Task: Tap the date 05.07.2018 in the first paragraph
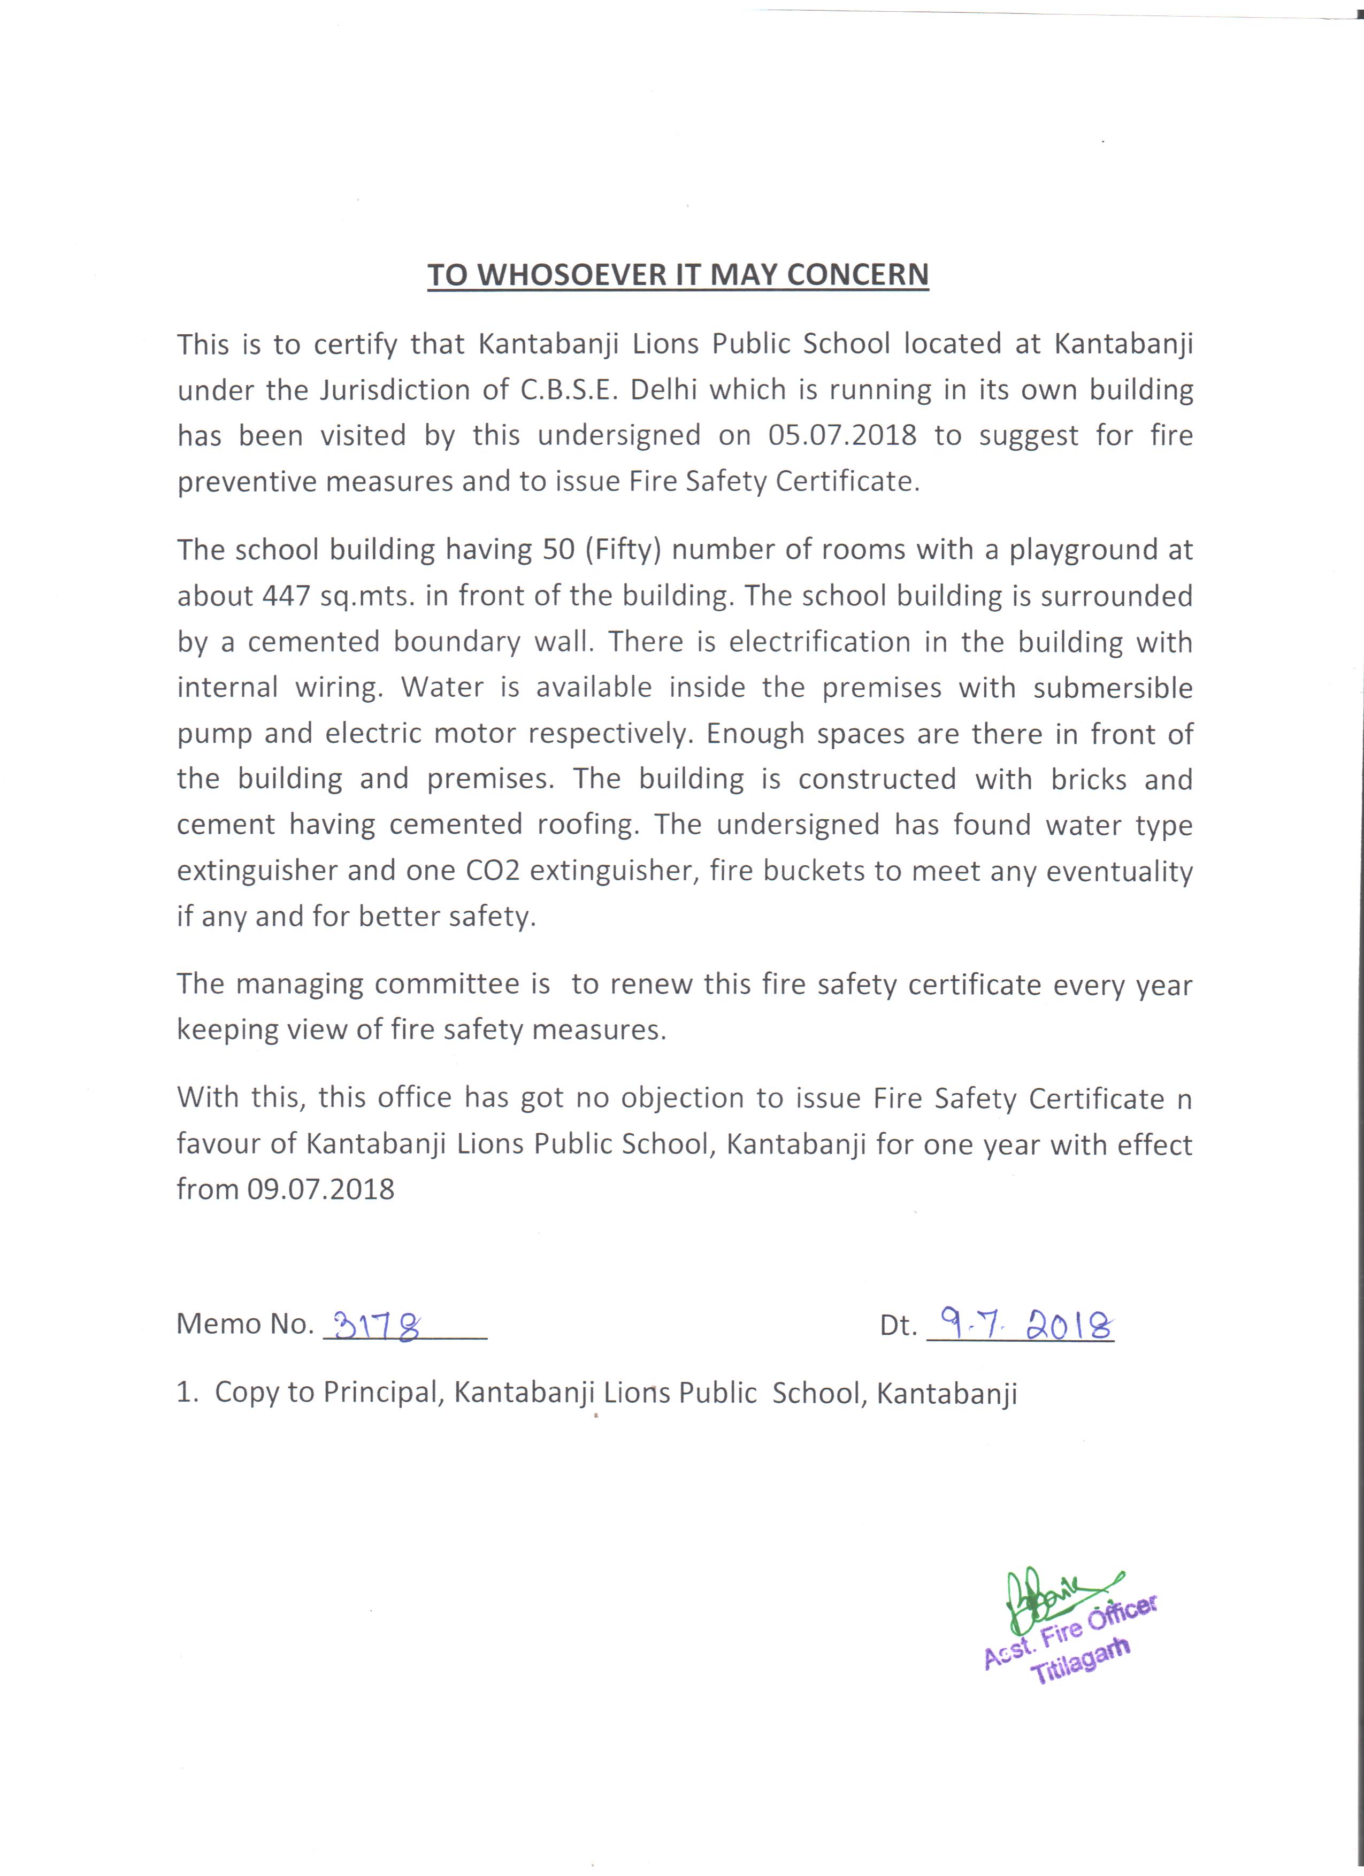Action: tap(842, 435)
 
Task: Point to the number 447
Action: tap(286, 596)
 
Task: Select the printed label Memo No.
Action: tap(245, 1324)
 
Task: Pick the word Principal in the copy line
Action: tap(385, 1393)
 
